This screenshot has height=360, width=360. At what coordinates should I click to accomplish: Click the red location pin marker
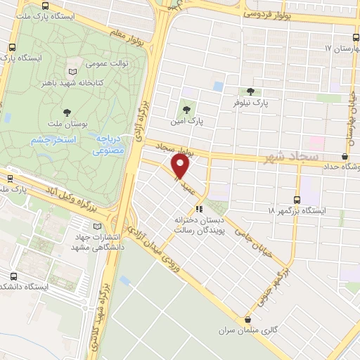(181, 167)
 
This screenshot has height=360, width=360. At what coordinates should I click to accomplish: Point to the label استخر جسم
(49, 140)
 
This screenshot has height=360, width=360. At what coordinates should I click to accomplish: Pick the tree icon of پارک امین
(186, 110)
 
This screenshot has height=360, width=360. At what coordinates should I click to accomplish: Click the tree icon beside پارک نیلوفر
(251, 91)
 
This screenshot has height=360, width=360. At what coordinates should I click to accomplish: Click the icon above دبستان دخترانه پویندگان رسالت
(200, 209)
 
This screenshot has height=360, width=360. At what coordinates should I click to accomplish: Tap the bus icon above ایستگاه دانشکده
(14, 276)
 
